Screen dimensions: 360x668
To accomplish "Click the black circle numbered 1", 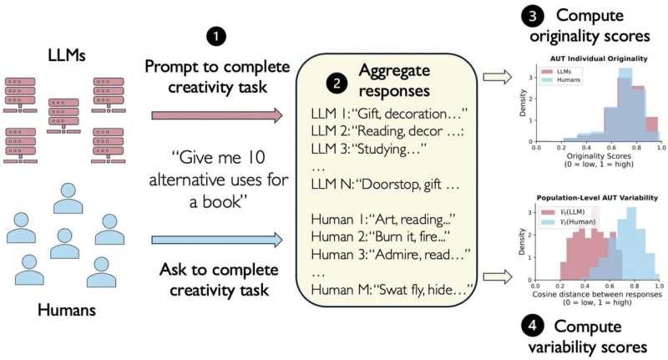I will coord(215,38).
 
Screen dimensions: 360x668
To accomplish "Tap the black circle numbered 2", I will coord(336,82).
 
